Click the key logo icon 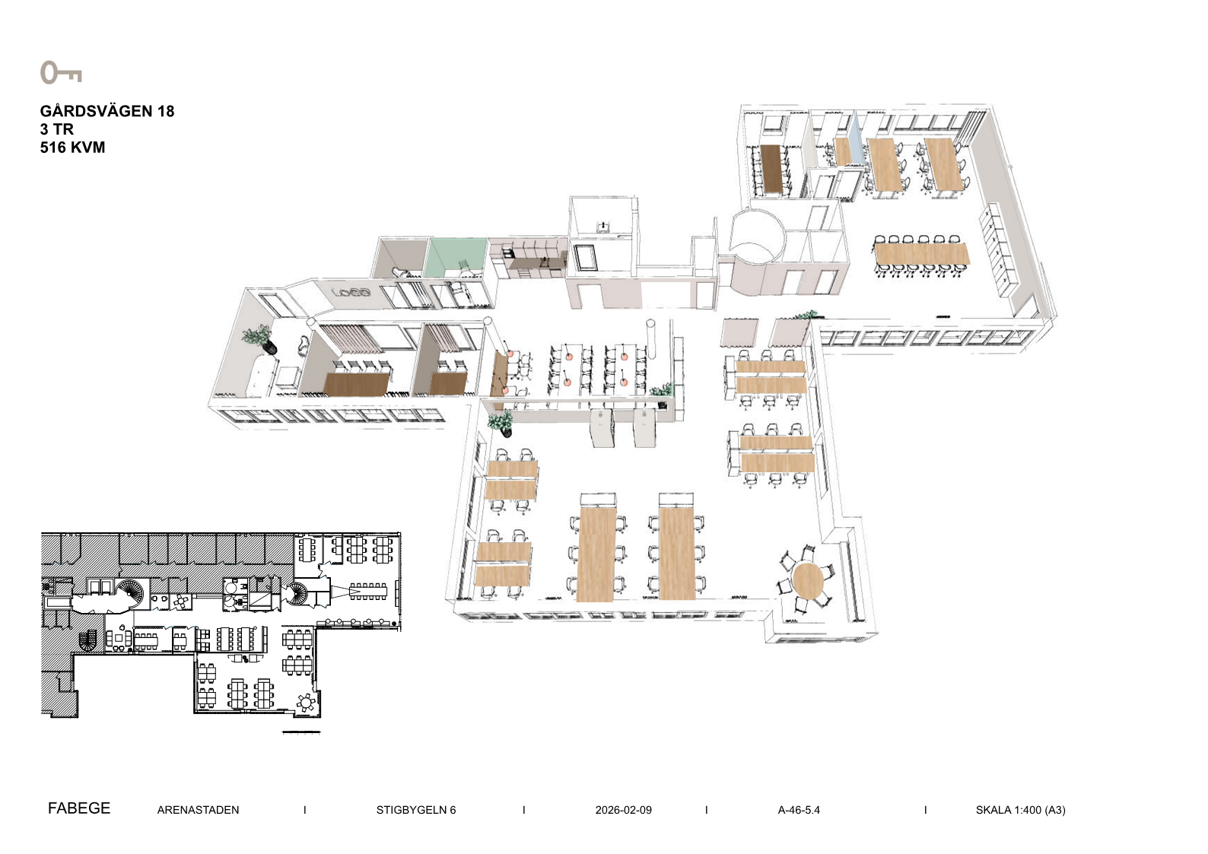[x=61, y=72]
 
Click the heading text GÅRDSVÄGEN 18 [x=107, y=111]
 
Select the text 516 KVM [x=72, y=148]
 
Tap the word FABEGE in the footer [x=79, y=808]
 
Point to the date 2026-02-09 [x=624, y=810]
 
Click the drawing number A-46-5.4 [x=799, y=810]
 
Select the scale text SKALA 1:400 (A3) [x=1020, y=810]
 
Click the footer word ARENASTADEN [x=198, y=810]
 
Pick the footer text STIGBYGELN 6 [x=416, y=810]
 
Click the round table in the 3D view [x=808, y=580]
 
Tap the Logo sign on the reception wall [x=351, y=293]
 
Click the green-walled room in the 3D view [x=455, y=258]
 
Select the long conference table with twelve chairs [x=921, y=253]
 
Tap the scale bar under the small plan [x=301, y=732]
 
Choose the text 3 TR [x=56, y=129]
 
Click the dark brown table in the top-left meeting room [x=771, y=168]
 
